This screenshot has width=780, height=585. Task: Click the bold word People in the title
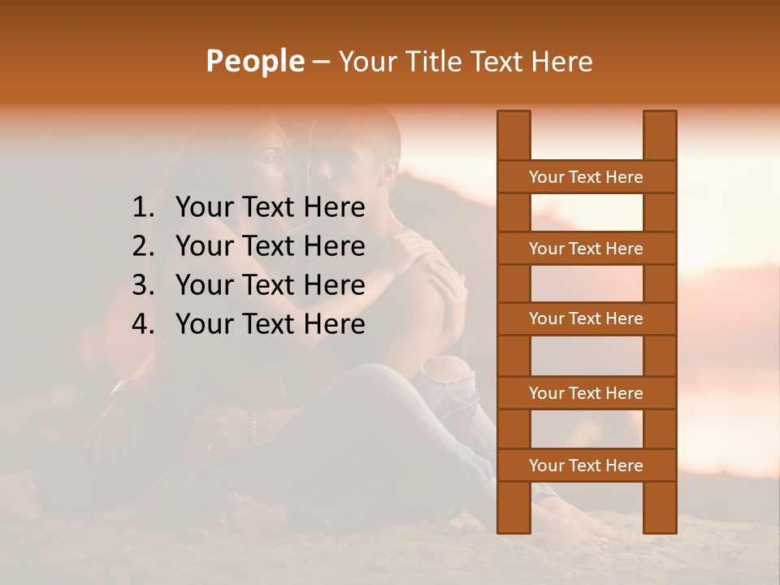click(254, 61)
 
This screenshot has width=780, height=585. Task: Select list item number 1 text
click(270, 207)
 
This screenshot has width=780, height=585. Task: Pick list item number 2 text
click(270, 246)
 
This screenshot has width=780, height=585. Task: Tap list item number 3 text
click(270, 285)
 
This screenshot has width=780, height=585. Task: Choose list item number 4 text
click(270, 324)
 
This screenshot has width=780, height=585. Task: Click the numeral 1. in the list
click(143, 207)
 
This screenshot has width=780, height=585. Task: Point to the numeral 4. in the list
click(143, 324)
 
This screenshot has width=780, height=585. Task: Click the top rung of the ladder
click(586, 177)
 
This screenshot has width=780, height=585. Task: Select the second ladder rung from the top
click(586, 249)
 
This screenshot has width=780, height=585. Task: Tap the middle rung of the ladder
click(586, 318)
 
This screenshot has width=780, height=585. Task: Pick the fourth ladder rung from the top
click(586, 393)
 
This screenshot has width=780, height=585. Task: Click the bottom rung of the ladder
click(586, 466)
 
